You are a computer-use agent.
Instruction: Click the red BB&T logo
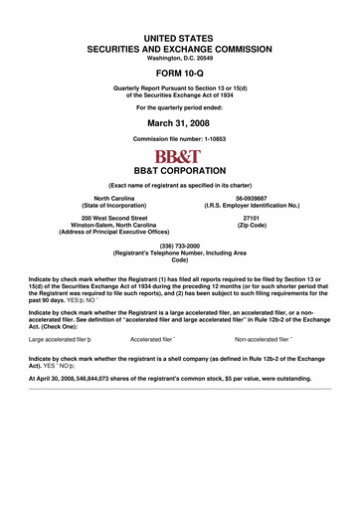[x=179, y=156]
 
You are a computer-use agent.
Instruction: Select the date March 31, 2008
[x=179, y=125]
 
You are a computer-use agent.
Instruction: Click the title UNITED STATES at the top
[x=179, y=37]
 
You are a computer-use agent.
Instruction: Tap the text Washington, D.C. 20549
[x=179, y=57]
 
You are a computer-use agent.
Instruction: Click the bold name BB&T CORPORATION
[x=179, y=171]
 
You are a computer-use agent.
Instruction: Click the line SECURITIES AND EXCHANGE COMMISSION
[x=179, y=47]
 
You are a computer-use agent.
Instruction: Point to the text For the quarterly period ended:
[x=179, y=106]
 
